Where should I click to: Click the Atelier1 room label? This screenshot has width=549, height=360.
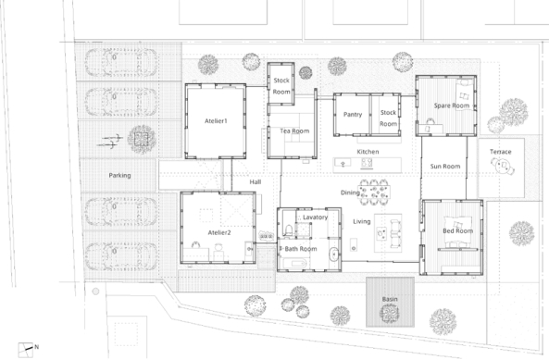click(x=216, y=121)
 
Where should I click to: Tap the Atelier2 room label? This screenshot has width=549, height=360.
click(x=219, y=232)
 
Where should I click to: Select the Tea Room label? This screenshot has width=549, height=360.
click(x=294, y=130)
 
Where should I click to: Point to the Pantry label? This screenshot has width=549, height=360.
click(x=353, y=115)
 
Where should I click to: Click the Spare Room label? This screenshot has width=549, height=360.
click(x=452, y=106)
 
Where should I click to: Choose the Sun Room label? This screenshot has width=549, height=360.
click(x=445, y=167)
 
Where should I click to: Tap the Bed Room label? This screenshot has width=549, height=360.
click(x=458, y=231)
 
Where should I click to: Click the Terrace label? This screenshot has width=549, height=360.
click(x=500, y=152)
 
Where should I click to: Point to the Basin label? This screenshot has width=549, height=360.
click(x=390, y=299)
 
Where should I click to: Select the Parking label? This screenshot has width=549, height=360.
click(x=119, y=175)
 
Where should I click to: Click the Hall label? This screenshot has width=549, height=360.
click(x=256, y=182)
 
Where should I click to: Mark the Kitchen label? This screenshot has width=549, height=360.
click(x=368, y=152)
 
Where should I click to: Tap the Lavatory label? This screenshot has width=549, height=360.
click(x=315, y=217)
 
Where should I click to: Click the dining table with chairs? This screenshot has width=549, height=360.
click(x=374, y=192)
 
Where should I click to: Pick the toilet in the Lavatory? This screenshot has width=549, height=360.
click(x=288, y=230)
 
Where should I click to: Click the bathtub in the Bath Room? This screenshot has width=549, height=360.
click(x=294, y=264)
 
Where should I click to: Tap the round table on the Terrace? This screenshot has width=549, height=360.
click(x=503, y=166)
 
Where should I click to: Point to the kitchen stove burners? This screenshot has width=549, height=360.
click(x=367, y=163)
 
